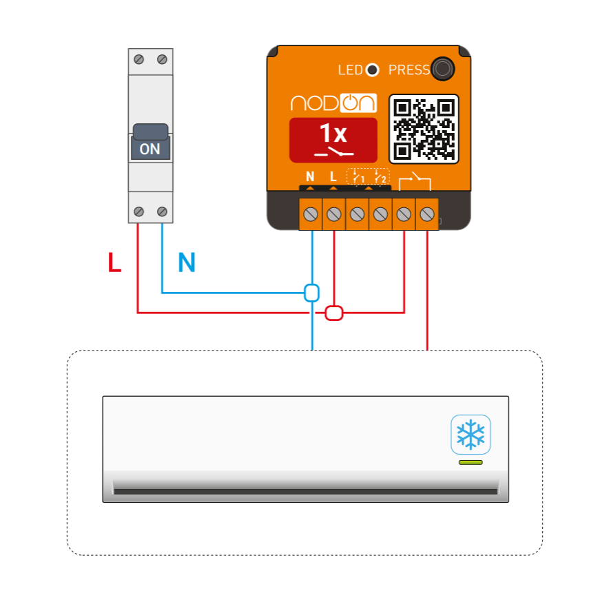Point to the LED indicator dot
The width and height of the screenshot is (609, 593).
pyautogui.click(x=372, y=70)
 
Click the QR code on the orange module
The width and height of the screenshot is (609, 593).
pyautogui.click(x=424, y=129)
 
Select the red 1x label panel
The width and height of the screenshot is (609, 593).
pyautogui.click(x=333, y=140)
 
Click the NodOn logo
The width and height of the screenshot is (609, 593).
pyautogui.click(x=333, y=103)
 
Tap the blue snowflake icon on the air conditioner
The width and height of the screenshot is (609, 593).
pyautogui.click(x=471, y=435)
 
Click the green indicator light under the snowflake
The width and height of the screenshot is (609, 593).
pyautogui.click(x=471, y=462)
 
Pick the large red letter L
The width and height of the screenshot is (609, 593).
pyautogui.click(x=115, y=263)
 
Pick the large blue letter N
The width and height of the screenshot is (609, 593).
pyautogui.click(x=187, y=263)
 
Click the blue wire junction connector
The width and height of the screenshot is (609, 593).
pyautogui.click(x=312, y=293)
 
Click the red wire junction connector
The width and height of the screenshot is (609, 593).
pyautogui.click(x=334, y=313)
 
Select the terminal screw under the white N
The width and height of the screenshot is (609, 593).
pyautogui.click(x=311, y=214)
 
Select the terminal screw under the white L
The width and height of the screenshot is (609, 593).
pyautogui.click(x=334, y=214)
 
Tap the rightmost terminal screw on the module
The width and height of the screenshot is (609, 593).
pyautogui.click(x=427, y=214)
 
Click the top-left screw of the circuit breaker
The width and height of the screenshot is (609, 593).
pyautogui.click(x=139, y=60)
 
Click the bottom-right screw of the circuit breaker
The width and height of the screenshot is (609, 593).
pyautogui.click(x=163, y=211)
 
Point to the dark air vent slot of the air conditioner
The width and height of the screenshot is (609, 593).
pyautogui.click(x=305, y=491)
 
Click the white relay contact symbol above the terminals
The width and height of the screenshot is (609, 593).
pyautogui.click(x=415, y=181)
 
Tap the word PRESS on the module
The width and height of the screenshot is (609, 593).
pyautogui.click(x=409, y=70)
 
